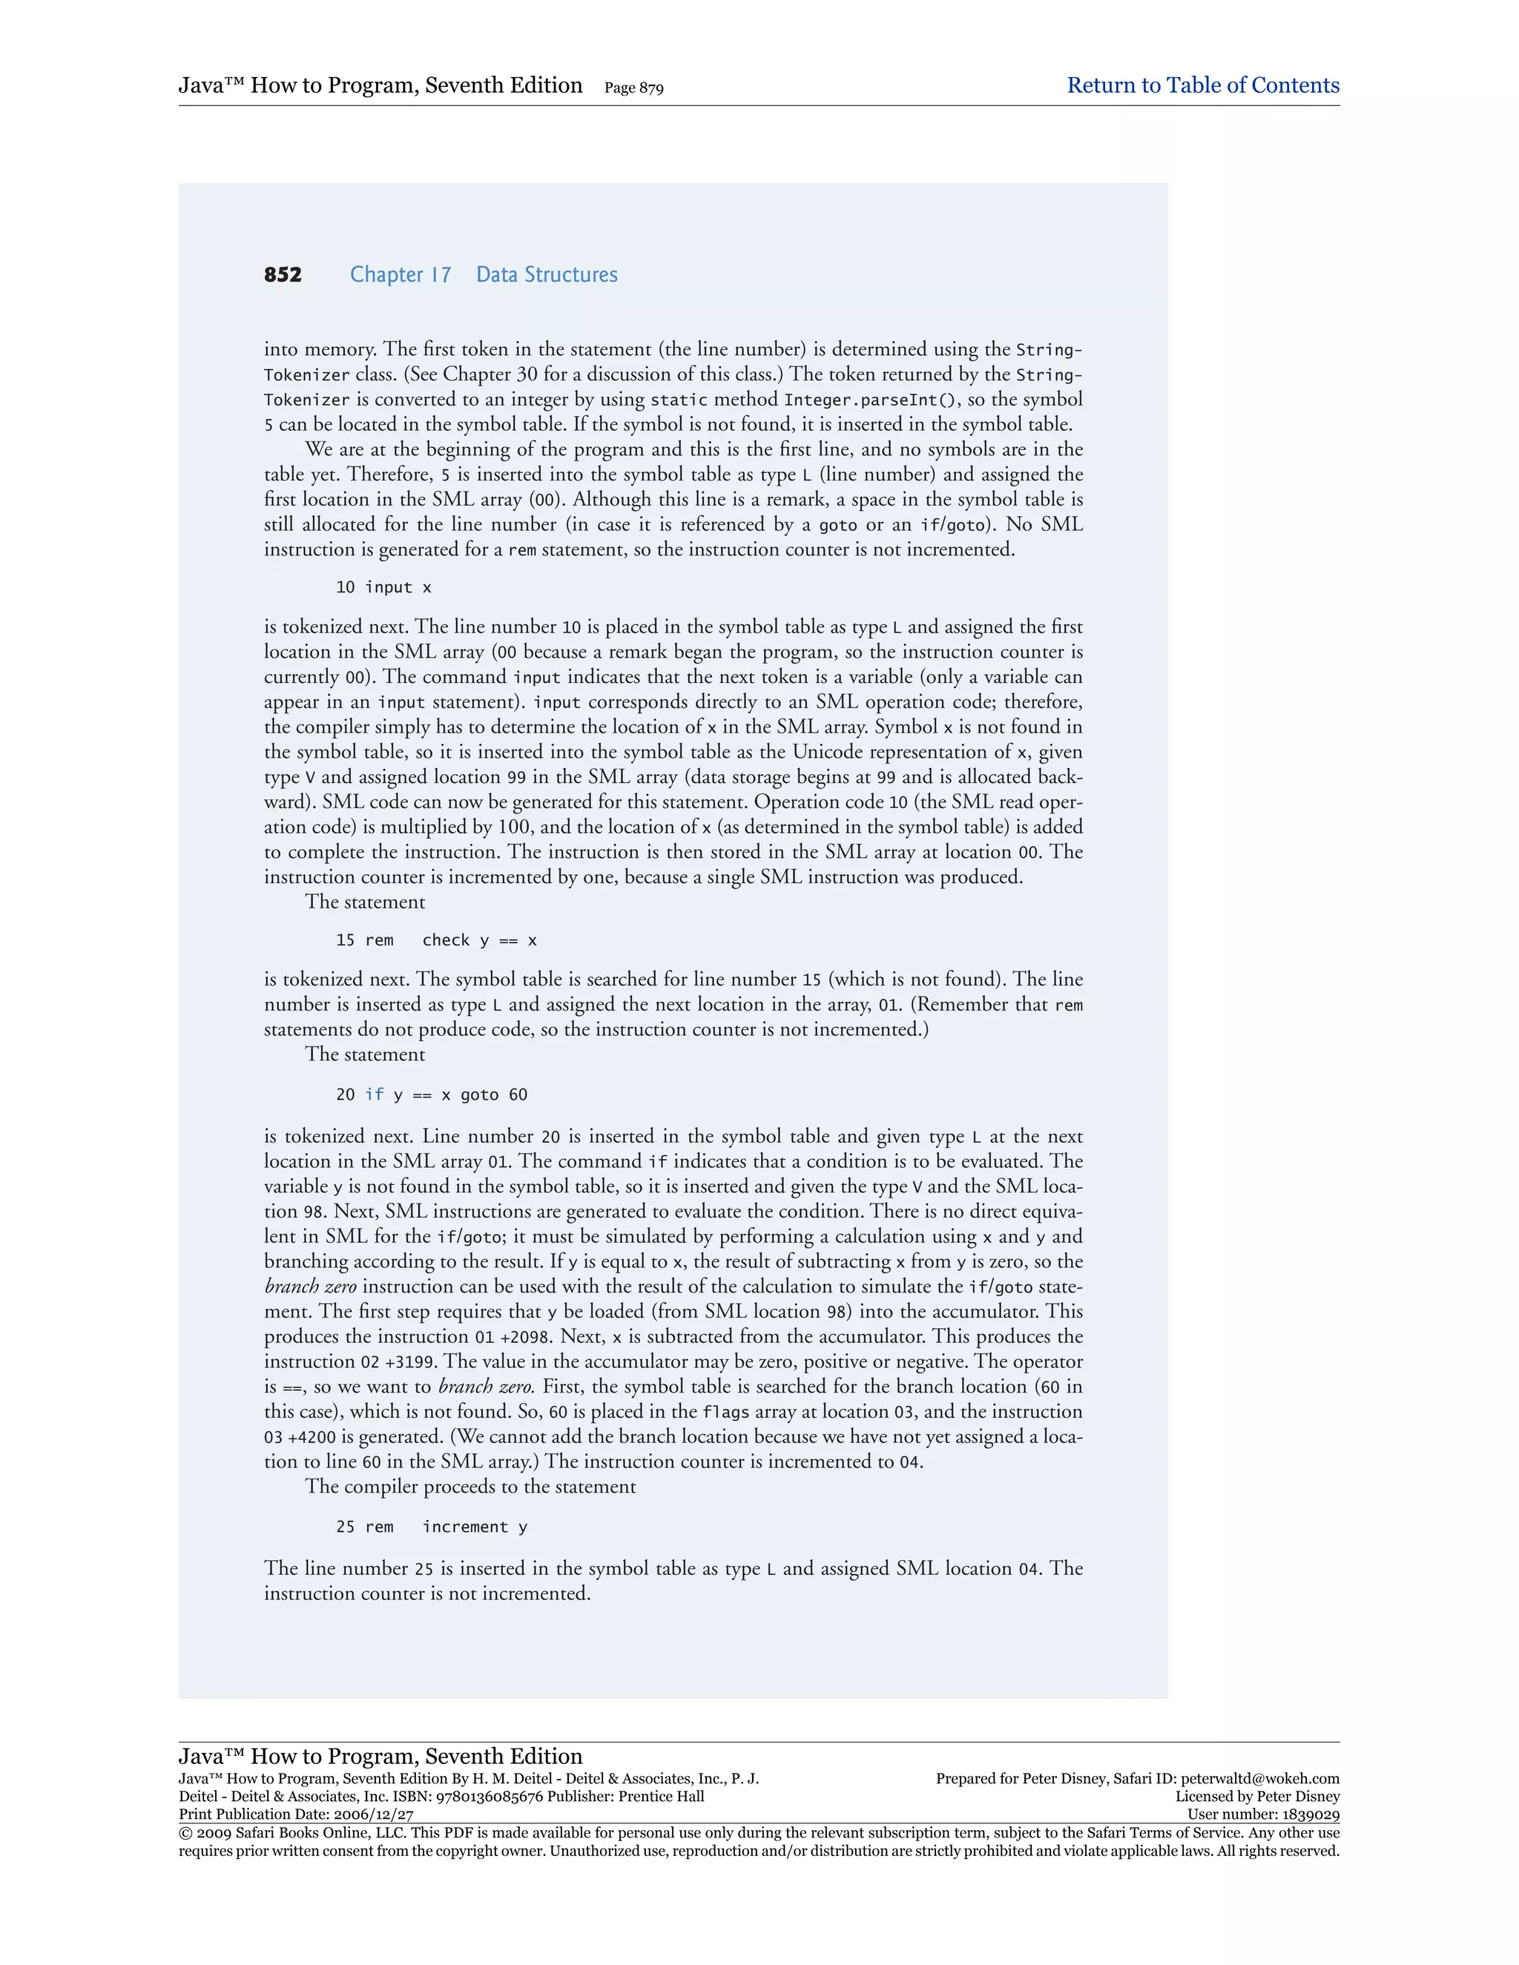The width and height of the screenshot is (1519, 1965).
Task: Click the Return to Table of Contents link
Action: [1202, 85]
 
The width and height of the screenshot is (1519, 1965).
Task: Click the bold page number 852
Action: [283, 274]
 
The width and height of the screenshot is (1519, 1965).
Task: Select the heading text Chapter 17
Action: [401, 274]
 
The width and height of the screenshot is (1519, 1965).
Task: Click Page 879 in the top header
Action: [633, 88]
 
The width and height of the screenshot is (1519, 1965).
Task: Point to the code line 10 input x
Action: [383, 587]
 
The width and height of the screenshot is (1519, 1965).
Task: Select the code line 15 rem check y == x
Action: [435, 940]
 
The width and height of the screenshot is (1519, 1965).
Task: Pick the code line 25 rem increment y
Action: [431, 1527]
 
